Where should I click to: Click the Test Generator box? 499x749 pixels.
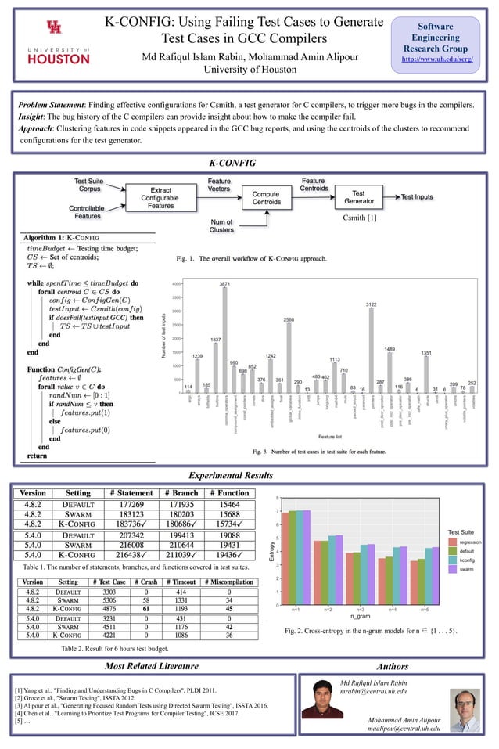pyautogui.click(x=358, y=198)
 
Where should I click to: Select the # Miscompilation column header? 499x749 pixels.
pyautogui.click(x=228, y=582)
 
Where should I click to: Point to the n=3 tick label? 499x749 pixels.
pyautogui.click(x=359, y=608)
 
